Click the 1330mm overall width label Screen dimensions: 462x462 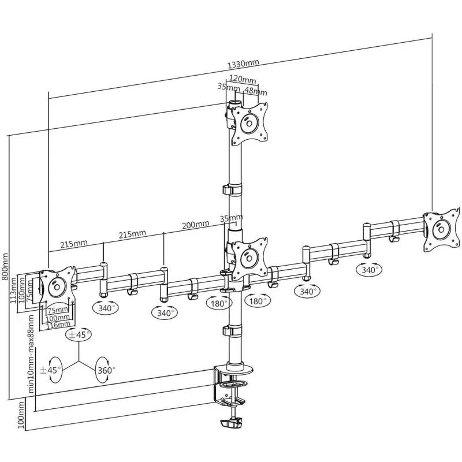243,64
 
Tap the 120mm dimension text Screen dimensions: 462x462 243,79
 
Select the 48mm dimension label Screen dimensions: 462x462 256,91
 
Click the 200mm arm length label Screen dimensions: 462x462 196,225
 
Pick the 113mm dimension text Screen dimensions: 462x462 13,291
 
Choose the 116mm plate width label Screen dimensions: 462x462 58,325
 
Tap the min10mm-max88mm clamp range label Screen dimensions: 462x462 32,353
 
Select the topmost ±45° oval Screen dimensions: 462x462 79,335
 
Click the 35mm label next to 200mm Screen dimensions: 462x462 232,218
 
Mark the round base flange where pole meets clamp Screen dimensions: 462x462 240,368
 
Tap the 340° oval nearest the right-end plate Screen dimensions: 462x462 369,270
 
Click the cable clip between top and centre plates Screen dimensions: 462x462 232,189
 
